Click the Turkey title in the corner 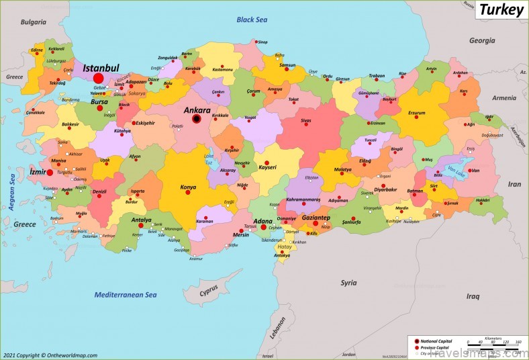click(x=500, y=11)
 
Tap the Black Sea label click(x=252, y=19)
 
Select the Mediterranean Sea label click(x=125, y=295)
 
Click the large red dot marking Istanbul click(x=99, y=78)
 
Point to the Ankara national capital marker click(x=197, y=119)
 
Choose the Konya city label click(x=189, y=188)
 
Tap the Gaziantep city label click(x=316, y=218)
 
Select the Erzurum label click(x=417, y=114)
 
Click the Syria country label click(x=348, y=283)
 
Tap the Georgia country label click(x=481, y=40)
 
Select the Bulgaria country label click(x=33, y=22)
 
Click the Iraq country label click(x=473, y=296)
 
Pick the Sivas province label click(x=306, y=120)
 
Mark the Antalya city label click(x=141, y=220)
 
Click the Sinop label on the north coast click(x=262, y=42)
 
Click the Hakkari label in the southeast click(x=483, y=200)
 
